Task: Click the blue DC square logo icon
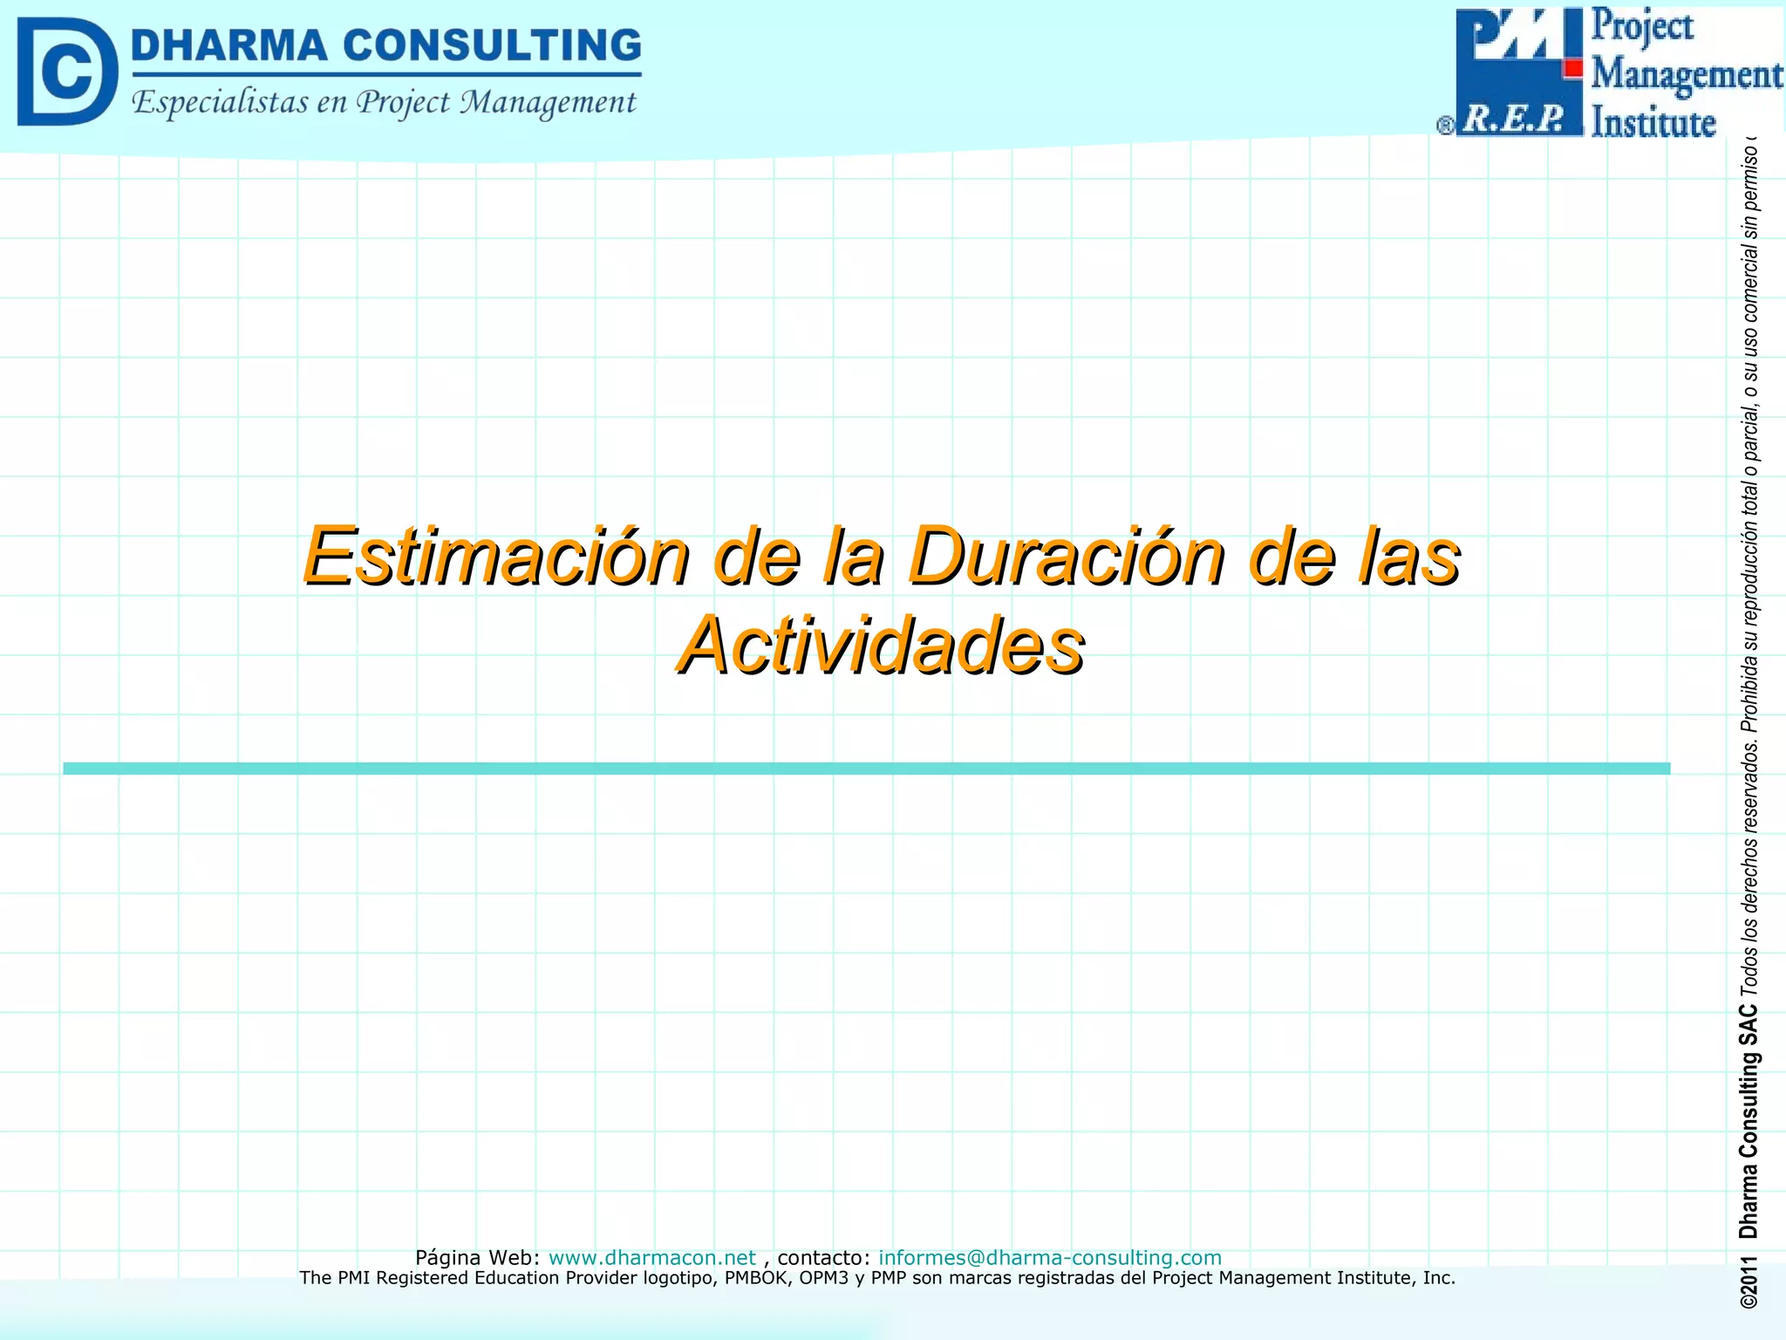[x=67, y=72]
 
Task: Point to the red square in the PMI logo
[x=1572, y=68]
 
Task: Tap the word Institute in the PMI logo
[x=1653, y=121]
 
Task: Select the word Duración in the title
[x=1067, y=556]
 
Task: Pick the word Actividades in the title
[x=882, y=646]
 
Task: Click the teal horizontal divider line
[x=866, y=769]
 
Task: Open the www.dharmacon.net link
[x=651, y=1257]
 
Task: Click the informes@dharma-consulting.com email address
[x=1049, y=1257]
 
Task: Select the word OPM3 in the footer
[x=823, y=1278]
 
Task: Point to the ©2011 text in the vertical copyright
[x=1749, y=1282]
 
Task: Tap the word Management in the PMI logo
[x=1687, y=73]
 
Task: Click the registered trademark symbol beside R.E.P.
[x=1445, y=126]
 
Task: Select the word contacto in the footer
[x=822, y=1257]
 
